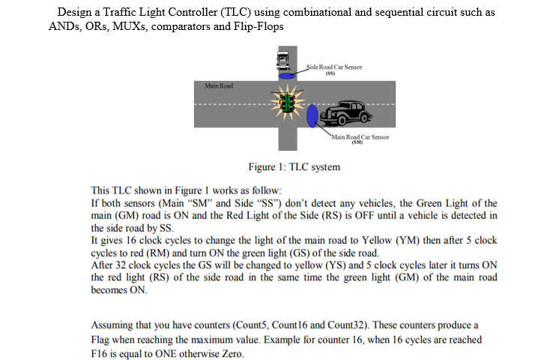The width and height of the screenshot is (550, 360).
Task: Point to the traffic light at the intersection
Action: (286, 103)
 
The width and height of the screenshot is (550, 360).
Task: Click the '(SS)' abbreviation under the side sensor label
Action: (330, 73)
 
